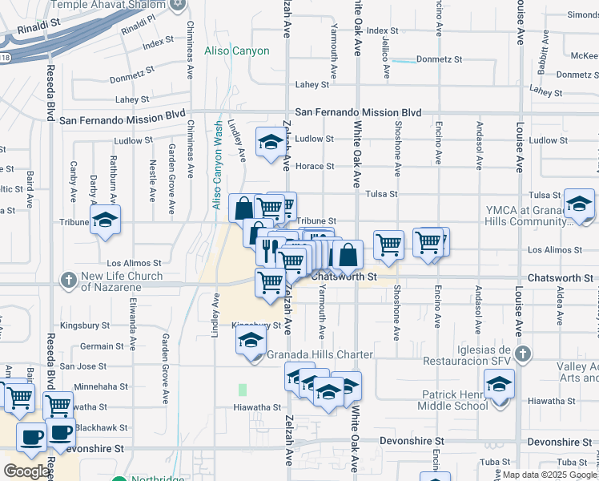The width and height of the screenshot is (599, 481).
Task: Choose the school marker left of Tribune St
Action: pyautogui.click(x=104, y=221)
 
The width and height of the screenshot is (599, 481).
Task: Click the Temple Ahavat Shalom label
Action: pyautogui.click(x=109, y=4)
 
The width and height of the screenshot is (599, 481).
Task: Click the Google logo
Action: pyautogui.click(x=26, y=471)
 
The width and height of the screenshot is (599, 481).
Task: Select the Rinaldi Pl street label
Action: pyautogui.click(x=137, y=30)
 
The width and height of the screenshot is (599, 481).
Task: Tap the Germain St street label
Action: pyautogui.click(x=103, y=346)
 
